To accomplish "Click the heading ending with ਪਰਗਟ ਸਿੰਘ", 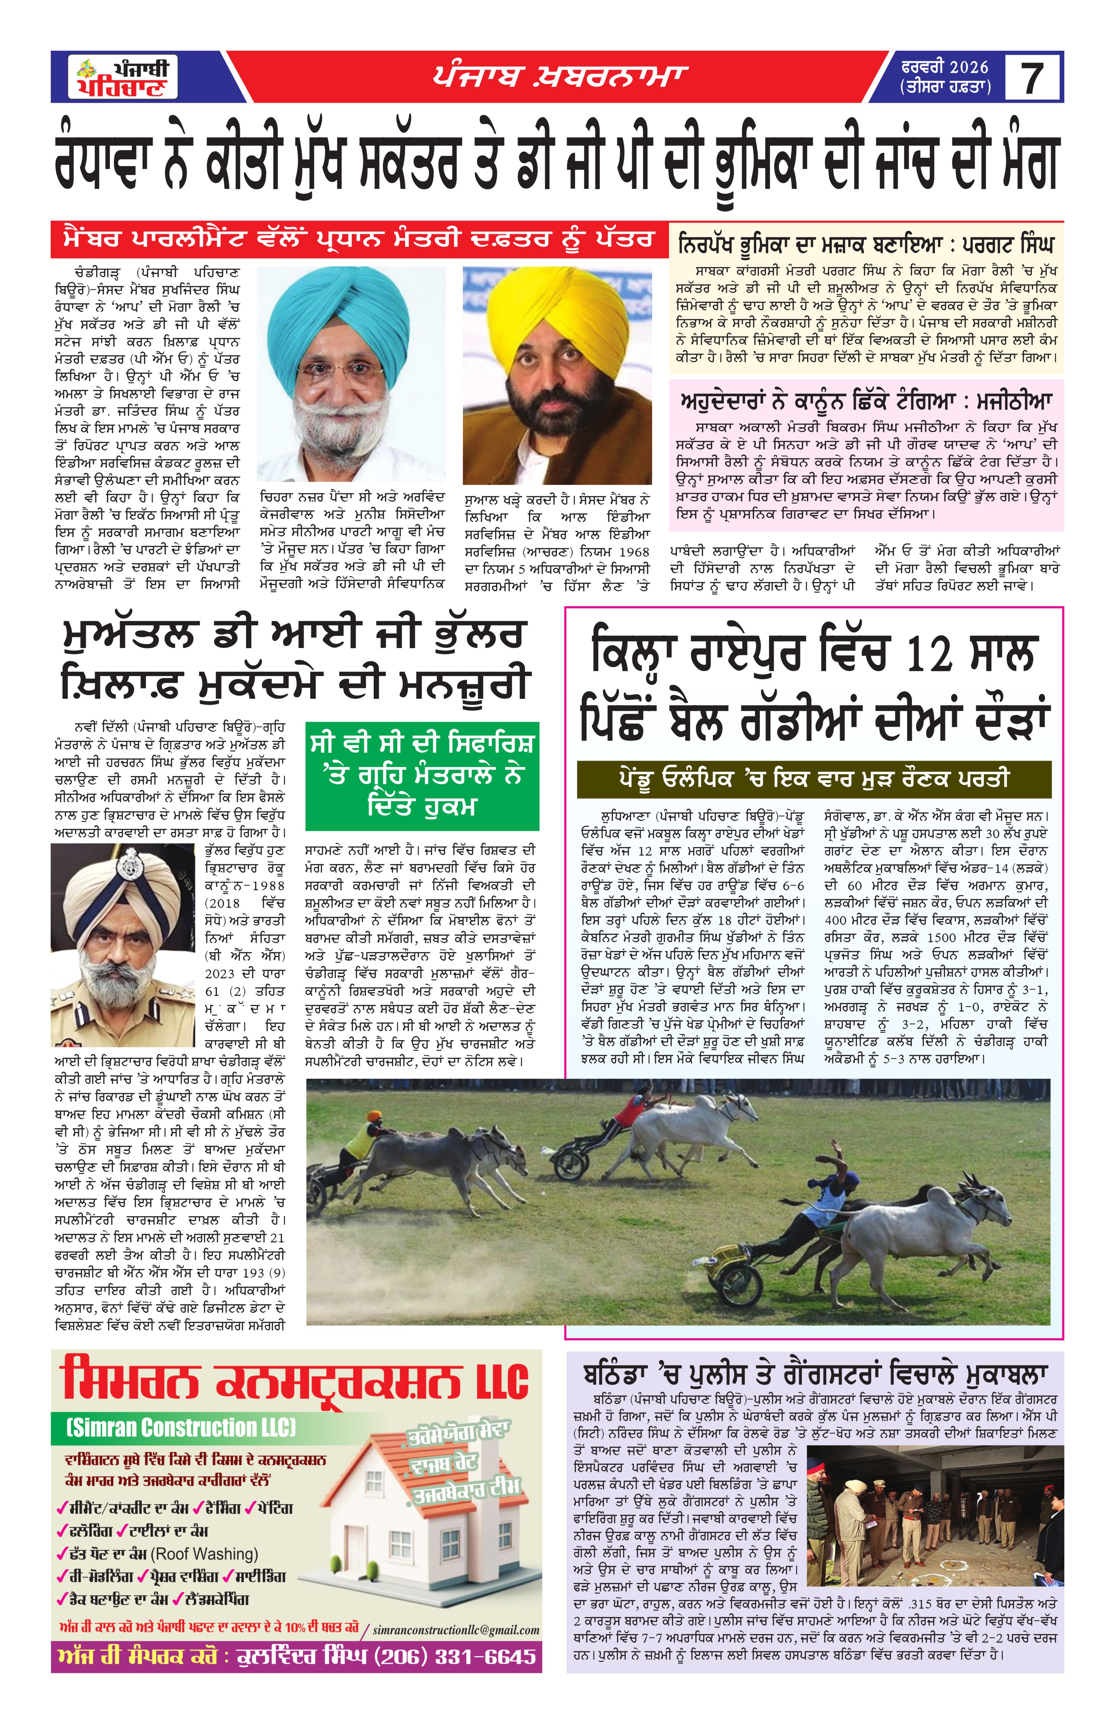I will (x=866, y=243).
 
